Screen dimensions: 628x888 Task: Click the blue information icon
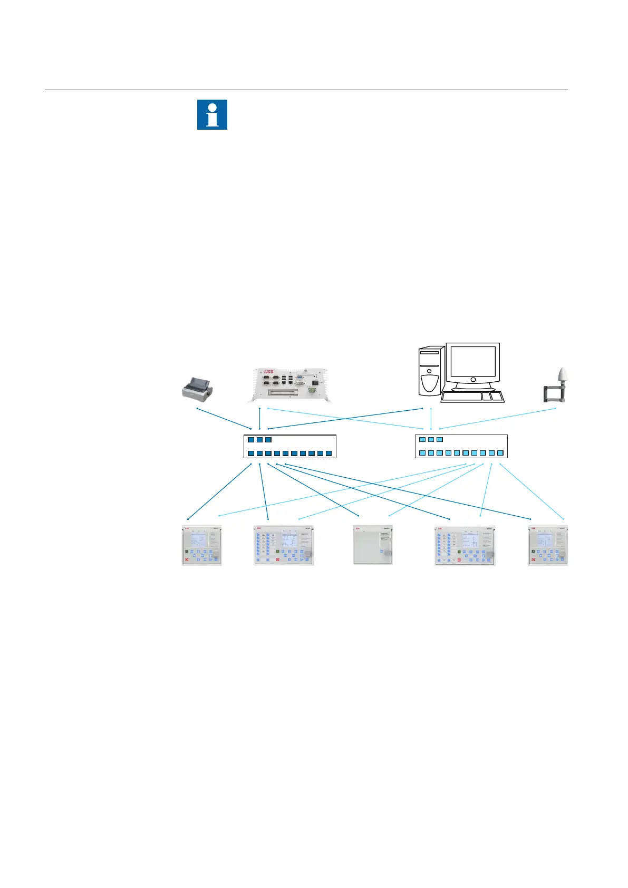click(212, 114)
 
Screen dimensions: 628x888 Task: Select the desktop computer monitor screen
click(472, 361)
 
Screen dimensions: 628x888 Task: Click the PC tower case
click(431, 371)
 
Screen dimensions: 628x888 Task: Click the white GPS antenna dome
click(563, 377)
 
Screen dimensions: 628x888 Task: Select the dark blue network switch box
click(290, 446)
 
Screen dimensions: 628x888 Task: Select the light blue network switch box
click(461, 446)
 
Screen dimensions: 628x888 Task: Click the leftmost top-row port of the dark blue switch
click(251, 440)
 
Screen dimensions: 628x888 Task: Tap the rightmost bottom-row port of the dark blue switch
click(329, 453)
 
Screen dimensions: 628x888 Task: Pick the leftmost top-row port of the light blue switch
click(422, 439)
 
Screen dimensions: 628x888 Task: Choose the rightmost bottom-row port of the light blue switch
click(500, 453)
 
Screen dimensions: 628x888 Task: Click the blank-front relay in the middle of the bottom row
click(372, 545)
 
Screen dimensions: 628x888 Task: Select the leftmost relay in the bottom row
click(201, 545)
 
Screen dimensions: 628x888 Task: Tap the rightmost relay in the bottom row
click(548, 545)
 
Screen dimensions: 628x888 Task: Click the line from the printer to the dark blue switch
click(224, 418)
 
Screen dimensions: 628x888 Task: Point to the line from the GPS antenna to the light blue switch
click(498, 419)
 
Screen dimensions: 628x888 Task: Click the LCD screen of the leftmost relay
click(198, 539)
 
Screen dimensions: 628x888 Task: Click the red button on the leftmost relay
click(186, 559)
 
